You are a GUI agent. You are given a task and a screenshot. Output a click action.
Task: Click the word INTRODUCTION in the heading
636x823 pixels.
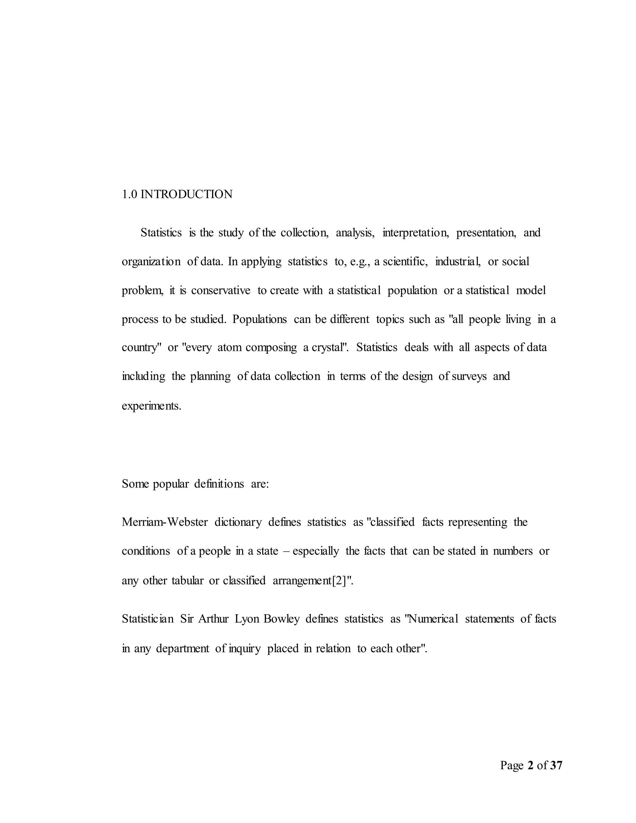(187, 194)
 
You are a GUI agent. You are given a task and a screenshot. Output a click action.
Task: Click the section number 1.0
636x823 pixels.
(129, 194)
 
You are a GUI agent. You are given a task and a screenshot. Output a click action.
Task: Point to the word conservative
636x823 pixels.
(220, 291)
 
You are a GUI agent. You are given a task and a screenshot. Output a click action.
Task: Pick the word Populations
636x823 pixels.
(260, 319)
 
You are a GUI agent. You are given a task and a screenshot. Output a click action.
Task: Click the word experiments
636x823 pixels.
(152, 406)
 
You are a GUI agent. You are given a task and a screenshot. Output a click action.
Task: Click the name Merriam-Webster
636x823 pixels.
(165, 522)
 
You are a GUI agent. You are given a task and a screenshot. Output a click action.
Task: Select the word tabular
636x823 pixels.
(187, 581)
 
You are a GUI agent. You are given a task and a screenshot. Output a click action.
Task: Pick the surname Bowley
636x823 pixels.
(281, 619)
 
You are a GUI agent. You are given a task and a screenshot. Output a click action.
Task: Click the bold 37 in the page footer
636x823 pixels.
(556, 765)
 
